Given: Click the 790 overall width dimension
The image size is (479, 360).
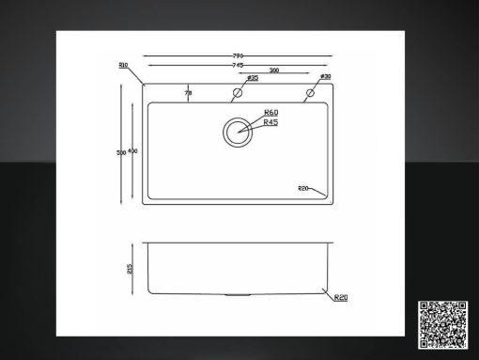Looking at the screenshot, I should point(238,56).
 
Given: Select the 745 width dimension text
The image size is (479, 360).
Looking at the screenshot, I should point(238,65).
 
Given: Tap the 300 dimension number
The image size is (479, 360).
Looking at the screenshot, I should point(273,71).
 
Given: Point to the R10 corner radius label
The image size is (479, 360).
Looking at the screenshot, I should point(123,65).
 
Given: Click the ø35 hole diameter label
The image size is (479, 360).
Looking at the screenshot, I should point(252,78).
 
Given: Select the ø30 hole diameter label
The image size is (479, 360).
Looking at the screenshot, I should point(324,77).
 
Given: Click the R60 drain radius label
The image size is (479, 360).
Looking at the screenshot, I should point(270,113).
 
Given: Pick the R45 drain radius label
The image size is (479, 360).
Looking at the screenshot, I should point(270,123).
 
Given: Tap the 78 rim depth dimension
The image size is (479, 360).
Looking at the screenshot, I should point(188,93).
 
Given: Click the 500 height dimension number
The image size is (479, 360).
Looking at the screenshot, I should point(121,152).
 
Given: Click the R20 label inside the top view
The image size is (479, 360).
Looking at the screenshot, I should point(303,189).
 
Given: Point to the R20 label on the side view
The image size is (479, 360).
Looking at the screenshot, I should point(341,298).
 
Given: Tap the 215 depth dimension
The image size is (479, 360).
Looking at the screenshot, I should point(130,269).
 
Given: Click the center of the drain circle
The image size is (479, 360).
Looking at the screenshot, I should point(239,131).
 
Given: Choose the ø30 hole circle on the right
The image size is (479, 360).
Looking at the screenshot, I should point(308,93).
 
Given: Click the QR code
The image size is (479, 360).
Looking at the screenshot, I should point(442,325).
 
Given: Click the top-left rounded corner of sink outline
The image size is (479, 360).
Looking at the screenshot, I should point(145,86).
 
